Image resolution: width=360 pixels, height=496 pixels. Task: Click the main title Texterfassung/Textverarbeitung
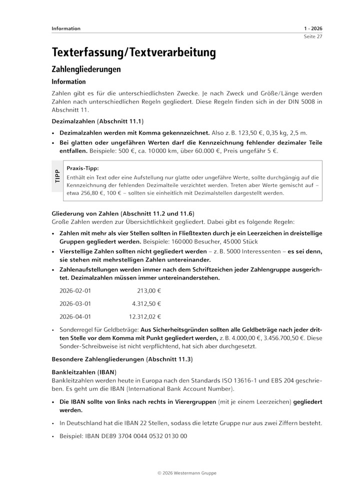tap(133, 52)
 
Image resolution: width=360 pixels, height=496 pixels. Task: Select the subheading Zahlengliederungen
tap(86, 69)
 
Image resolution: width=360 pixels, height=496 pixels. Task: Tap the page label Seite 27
tap(312, 37)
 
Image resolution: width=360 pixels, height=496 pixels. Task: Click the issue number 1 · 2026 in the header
tap(312, 28)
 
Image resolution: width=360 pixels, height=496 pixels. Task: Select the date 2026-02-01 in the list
tap(75, 290)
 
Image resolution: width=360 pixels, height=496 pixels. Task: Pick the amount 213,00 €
tap(149, 290)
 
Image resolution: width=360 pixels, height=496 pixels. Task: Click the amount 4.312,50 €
tap(146, 303)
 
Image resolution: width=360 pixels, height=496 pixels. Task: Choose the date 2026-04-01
tap(75, 316)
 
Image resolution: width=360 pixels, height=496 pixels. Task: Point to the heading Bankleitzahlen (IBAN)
tap(84, 372)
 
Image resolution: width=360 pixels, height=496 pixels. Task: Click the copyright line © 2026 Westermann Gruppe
tap(180, 472)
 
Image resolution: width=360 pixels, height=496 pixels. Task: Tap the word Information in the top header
tap(66, 28)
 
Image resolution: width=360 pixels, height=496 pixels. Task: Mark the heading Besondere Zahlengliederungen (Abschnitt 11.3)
tap(122, 359)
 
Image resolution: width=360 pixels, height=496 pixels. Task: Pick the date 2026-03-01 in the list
tap(75, 303)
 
